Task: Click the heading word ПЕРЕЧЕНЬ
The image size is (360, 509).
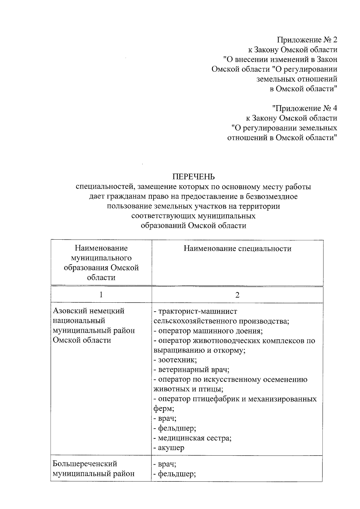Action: [193, 177]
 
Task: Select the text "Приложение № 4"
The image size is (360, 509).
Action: [304, 108]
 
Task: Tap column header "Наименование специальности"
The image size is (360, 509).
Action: [237, 249]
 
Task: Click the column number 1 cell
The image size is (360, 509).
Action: [101, 295]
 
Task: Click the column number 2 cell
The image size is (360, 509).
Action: [237, 295]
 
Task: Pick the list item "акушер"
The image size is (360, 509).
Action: [171, 448]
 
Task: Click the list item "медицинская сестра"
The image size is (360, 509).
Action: [194, 438]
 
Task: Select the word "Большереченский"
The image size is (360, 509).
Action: [85, 464]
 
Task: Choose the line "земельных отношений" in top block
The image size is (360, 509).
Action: [297, 79]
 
